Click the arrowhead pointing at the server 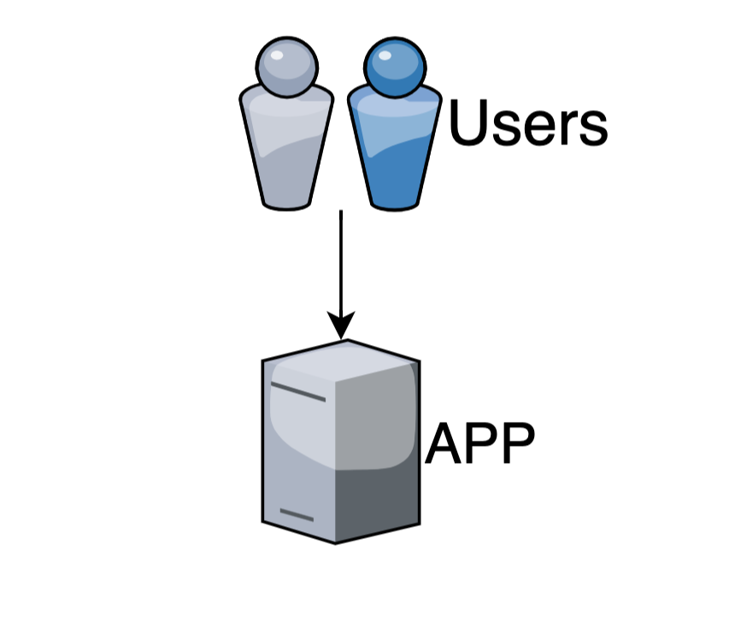tap(341, 325)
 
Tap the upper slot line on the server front tap(298, 393)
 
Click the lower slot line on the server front tap(297, 515)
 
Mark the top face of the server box tap(342, 359)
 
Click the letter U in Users tap(467, 125)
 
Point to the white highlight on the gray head tap(276, 56)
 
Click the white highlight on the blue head tap(383, 56)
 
